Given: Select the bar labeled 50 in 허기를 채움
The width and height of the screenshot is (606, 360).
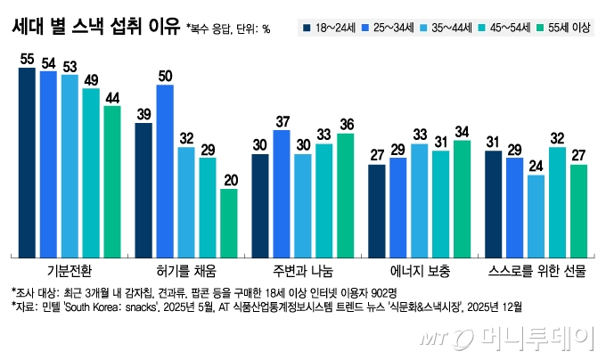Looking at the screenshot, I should coord(165,170).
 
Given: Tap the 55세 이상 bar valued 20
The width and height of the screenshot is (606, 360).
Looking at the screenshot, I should coord(229,222).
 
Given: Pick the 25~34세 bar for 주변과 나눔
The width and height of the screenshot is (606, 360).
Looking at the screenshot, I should coord(282,192).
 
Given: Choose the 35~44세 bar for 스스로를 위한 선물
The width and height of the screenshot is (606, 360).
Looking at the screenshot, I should coord(536,215).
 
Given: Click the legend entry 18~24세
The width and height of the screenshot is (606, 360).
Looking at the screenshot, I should coord(332,29).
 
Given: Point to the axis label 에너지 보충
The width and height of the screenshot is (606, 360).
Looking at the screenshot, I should coord(420,269).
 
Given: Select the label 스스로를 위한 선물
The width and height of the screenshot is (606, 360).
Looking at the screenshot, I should coord(536,269).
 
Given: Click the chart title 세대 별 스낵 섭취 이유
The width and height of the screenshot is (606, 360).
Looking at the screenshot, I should coord(94,27).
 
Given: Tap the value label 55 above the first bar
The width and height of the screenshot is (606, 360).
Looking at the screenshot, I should coord(27,58).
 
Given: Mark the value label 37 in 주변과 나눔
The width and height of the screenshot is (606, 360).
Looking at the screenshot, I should coord(282,121).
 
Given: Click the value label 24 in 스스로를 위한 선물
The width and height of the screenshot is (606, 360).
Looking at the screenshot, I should coord(536,165).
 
